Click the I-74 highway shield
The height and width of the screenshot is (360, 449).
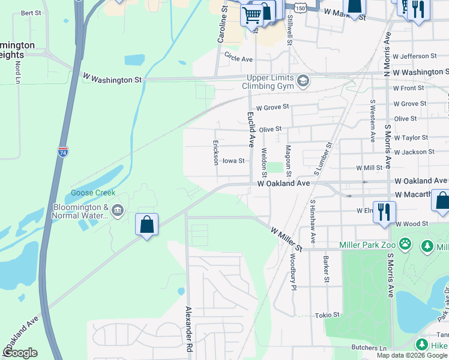point(63,152)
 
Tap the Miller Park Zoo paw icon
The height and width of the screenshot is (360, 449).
point(406,244)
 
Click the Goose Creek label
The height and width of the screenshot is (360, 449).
point(93,193)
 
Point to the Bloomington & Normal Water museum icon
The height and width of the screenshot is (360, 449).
point(118,210)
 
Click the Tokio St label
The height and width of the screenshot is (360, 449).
point(327,314)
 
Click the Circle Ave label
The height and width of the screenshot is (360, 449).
point(239,59)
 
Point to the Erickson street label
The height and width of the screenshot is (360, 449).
point(215,152)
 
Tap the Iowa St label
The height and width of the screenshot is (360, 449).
point(234,161)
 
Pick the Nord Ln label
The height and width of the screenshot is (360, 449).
point(18,71)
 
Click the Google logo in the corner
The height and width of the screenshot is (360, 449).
point(20,353)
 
